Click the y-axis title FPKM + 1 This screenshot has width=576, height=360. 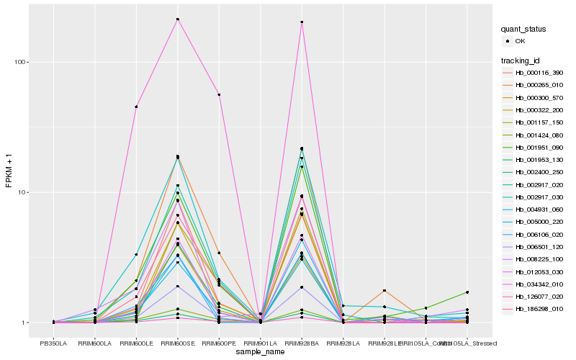coord(9,171)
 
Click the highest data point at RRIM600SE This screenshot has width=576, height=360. coord(177,19)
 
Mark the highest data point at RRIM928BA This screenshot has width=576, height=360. coord(302,22)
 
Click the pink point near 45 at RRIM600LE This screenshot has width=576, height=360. coord(136,107)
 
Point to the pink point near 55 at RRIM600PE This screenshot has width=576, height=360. coord(219,95)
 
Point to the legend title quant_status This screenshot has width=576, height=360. coord(523,30)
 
